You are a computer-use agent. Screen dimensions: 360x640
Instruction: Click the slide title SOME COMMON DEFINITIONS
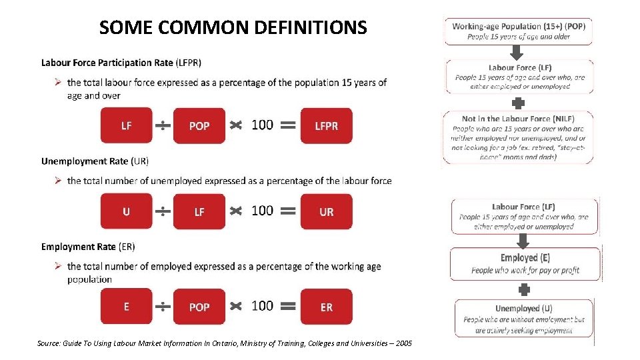coord(233,27)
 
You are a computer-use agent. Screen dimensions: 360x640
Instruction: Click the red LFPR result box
coord(326,126)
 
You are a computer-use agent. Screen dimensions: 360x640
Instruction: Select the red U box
coord(126,211)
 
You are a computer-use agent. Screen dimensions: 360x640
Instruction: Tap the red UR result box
coord(326,211)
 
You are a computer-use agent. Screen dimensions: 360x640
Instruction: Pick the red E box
coord(126,307)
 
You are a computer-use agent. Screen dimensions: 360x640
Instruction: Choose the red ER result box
coord(326,307)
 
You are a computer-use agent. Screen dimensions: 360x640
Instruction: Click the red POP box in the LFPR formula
coord(199,126)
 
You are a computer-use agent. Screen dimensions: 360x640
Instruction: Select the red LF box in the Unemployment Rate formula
coord(199,211)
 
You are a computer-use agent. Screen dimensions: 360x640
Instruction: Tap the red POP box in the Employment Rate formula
coord(199,307)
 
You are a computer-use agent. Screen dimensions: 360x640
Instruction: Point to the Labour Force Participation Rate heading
coord(121,63)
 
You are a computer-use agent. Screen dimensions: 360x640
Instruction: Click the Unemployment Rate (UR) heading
coord(95,161)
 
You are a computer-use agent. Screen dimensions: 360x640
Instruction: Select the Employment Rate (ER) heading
coord(87,247)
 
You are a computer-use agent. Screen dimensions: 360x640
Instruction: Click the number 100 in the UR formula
coord(262,211)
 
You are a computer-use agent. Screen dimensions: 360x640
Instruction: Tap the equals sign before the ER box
coord(287,307)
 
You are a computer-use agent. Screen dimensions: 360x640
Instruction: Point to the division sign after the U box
coord(163,211)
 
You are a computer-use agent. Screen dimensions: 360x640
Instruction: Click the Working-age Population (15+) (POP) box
coord(518,31)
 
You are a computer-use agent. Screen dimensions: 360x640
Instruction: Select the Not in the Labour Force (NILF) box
coord(518,138)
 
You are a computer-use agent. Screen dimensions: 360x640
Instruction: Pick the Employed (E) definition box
coord(525,263)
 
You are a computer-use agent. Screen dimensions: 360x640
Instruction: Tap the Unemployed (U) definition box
coord(523,319)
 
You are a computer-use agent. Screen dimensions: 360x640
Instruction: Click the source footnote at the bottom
coord(225,343)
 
